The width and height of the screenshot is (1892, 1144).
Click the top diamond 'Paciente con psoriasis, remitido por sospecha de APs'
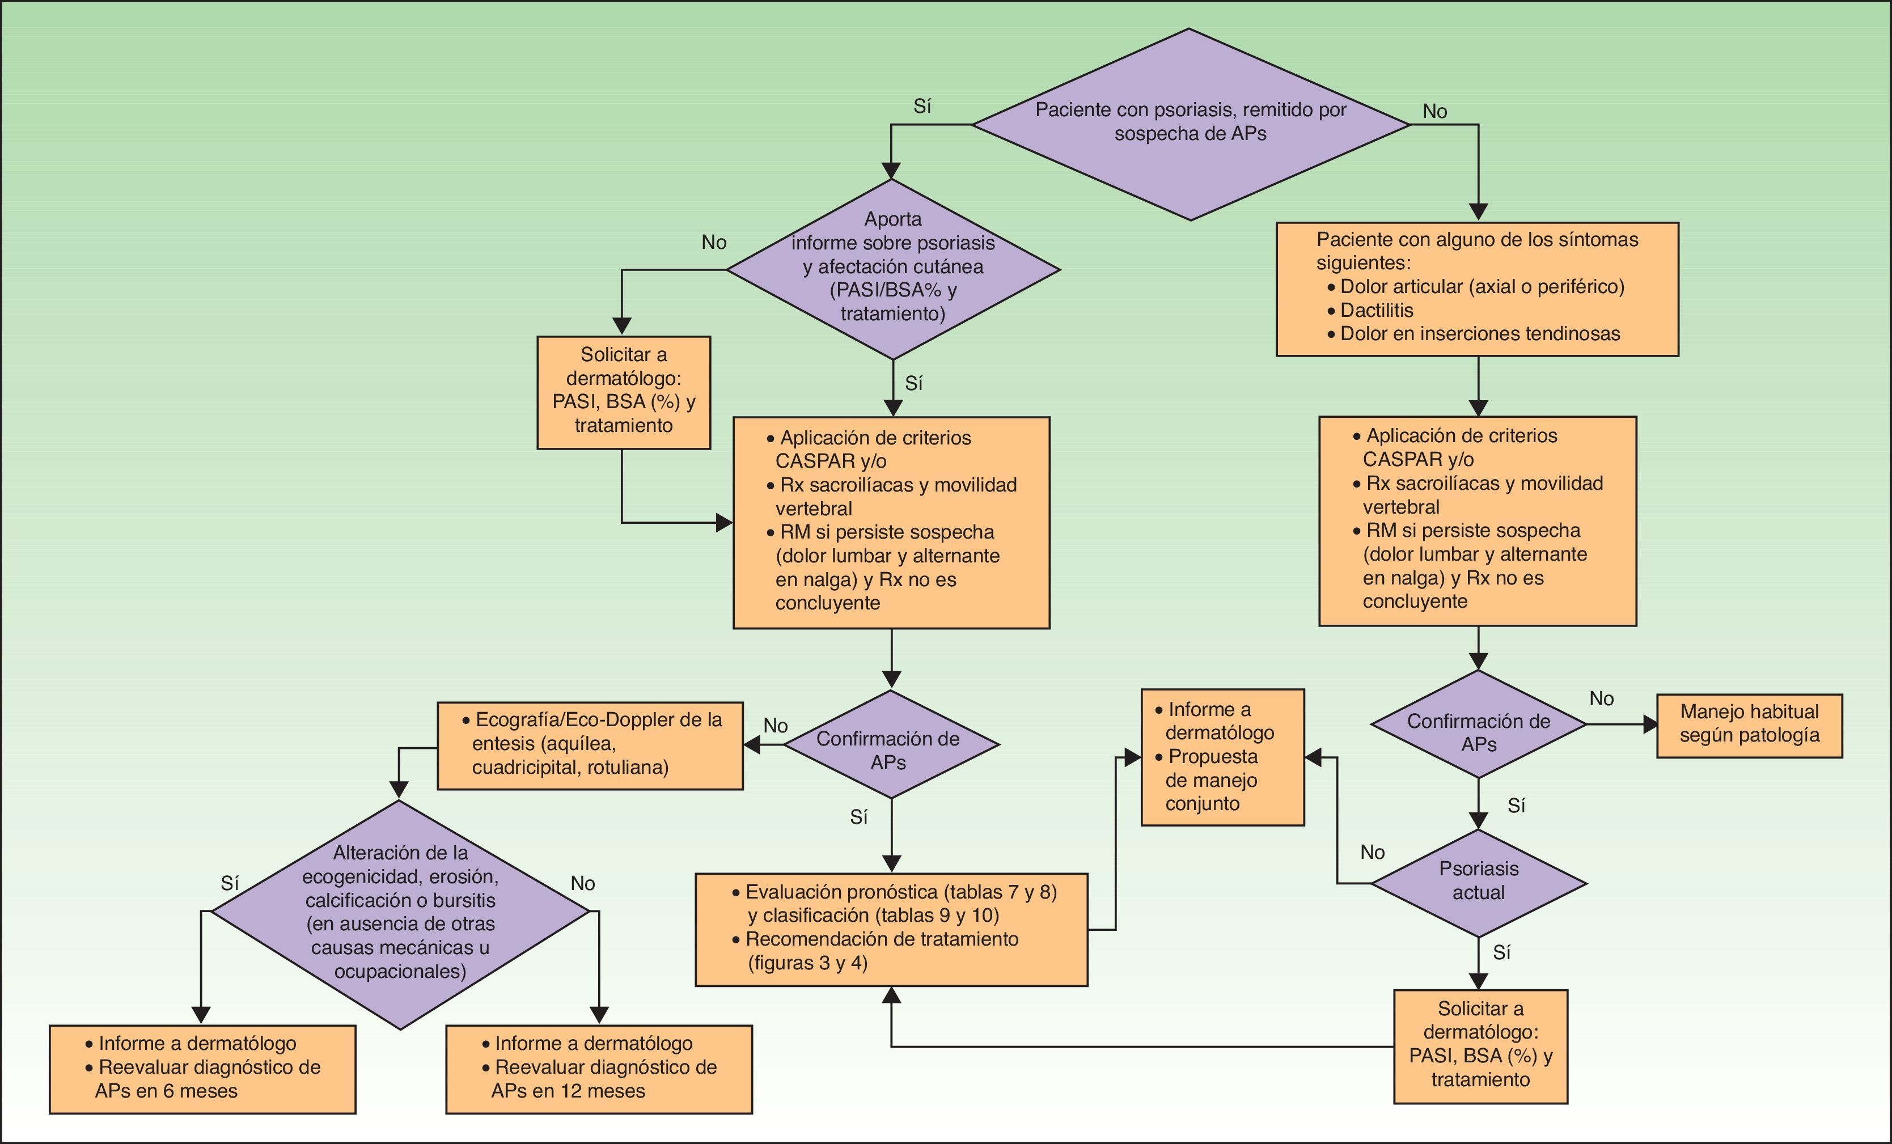1190,123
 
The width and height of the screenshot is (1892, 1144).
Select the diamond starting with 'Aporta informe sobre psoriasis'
892,269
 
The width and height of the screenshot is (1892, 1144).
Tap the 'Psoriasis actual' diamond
1478,882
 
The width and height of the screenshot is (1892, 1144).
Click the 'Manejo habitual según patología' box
1749,724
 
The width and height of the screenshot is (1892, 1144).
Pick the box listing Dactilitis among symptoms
1476,289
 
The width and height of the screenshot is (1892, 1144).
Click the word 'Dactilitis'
1376,310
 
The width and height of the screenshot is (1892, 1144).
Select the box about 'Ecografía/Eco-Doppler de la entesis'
590,745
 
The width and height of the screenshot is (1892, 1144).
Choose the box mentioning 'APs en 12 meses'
599,1068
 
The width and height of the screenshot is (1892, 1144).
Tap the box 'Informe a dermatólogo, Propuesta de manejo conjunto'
1222,756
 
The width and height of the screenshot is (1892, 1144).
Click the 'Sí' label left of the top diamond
922,107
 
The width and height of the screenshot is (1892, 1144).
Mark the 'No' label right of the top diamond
1434,111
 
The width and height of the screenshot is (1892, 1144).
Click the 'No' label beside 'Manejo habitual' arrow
1601,698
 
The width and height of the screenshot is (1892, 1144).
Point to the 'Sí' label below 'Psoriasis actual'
1502,953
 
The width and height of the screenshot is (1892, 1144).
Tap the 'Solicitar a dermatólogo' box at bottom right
1480,1046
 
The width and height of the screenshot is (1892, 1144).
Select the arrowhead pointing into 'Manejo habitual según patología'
1649,724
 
